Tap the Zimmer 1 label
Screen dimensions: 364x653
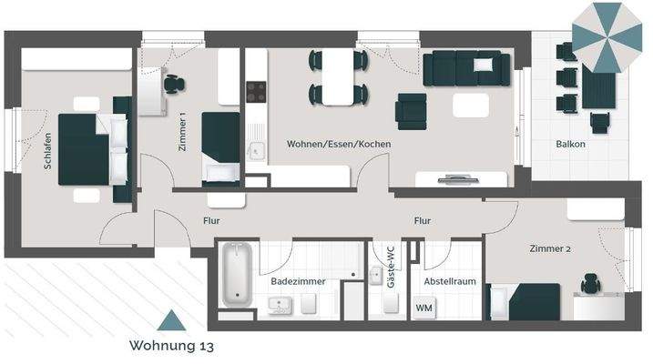[182, 133]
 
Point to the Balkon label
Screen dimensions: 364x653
[571, 145]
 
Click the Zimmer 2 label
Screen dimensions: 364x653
[549, 248]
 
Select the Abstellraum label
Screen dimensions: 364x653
[450, 281]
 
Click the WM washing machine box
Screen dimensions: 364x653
[423, 308]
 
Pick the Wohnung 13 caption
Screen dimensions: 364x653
[171, 346]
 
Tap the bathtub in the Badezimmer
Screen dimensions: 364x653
[236, 273]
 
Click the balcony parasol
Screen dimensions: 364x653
[607, 36]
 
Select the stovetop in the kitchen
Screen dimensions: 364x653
[256, 92]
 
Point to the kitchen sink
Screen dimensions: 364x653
[255, 153]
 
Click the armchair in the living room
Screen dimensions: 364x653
[411, 111]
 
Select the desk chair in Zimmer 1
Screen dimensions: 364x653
[172, 84]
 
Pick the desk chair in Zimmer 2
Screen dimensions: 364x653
[590, 285]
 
